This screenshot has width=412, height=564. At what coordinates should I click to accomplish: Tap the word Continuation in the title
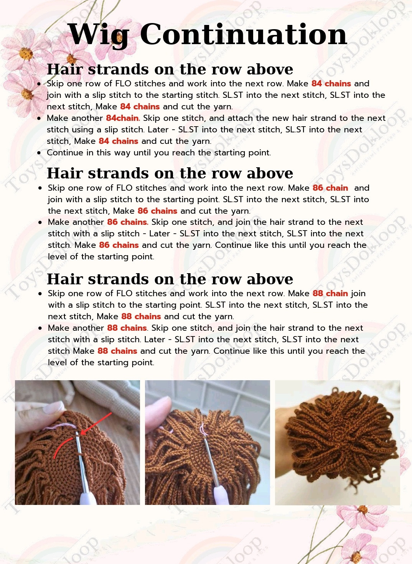pyautogui.click(x=243, y=34)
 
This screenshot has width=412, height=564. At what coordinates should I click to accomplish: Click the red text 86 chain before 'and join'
pyautogui.click(x=330, y=188)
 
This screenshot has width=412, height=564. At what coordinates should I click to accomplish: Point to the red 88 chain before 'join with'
pyautogui.click(x=330, y=294)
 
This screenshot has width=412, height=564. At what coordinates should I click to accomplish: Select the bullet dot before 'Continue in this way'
pyautogui.click(x=39, y=153)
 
